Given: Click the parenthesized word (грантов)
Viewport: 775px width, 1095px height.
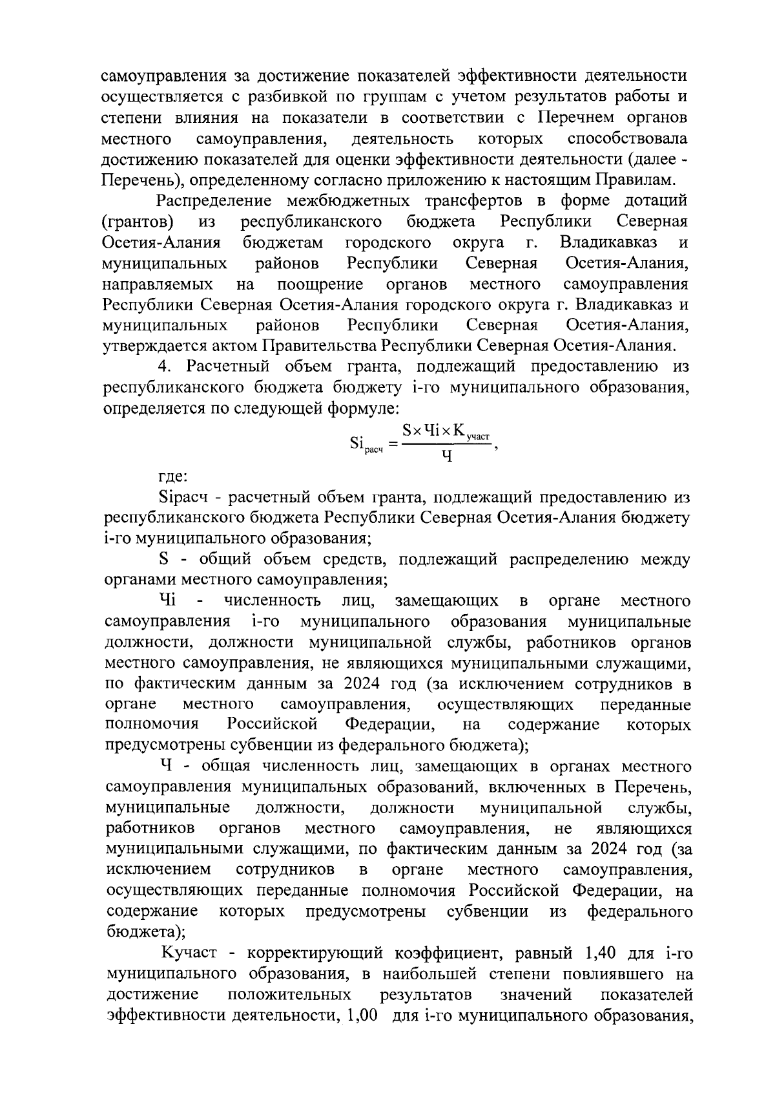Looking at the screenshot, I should (138, 222).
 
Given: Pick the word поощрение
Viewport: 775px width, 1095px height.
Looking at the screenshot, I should (320, 284).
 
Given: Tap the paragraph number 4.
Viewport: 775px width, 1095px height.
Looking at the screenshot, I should (164, 367).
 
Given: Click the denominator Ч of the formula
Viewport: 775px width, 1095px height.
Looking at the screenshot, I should (446, 457).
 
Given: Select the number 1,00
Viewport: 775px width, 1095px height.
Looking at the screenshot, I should (366, 1015).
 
